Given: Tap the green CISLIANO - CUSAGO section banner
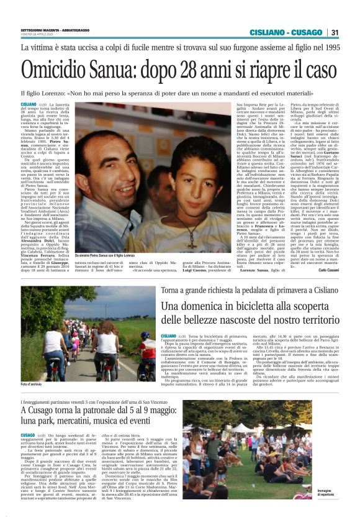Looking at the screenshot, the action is pos(286,32).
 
